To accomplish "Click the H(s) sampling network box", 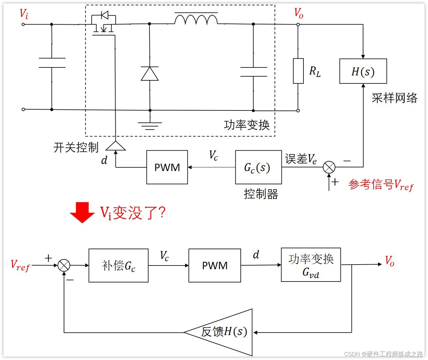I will (x=363, y=71).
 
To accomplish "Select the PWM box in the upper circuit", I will (x=167, y=167).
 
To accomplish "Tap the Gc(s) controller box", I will (x=258, y=167).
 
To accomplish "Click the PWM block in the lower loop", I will (x=215, y=266).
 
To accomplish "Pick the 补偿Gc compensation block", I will (x=118, y=266).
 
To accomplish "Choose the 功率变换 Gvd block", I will (x=311, y=265).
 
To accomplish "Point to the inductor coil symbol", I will (x=196, y=19).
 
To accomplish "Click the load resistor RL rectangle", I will (x=298, y=71).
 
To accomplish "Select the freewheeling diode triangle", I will (x=150, y=74).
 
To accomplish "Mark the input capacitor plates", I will (x=52, y=63).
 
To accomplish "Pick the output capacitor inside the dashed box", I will (x=254, y=72).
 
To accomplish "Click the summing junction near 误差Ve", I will (x=329, y=167).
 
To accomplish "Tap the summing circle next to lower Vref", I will (x=64, y=266).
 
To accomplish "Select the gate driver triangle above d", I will (x=115, y=146).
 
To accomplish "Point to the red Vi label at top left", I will (x=24, y=14).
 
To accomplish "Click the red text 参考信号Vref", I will (x=381, y=185).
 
